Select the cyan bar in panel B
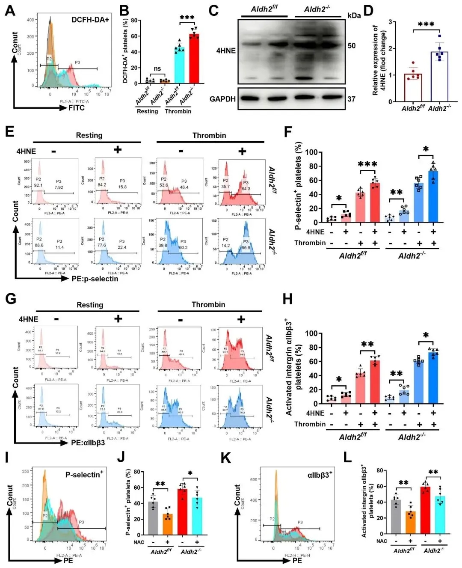tap(180, 65)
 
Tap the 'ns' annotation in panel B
tap(157, 68)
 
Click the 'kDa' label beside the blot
tap(354, 15)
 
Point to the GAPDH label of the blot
tap(222, 99)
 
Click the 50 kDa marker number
tap(352, 46)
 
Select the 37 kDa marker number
tap(352, 99)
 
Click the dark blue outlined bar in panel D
tap(439, 77)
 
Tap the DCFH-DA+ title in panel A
tap(90, 20)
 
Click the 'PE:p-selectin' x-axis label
tap(95, 279)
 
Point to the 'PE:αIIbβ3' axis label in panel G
tap(88, 443)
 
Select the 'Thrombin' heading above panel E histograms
tap(209, 135)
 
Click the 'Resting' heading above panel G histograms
tap(90, 305)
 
